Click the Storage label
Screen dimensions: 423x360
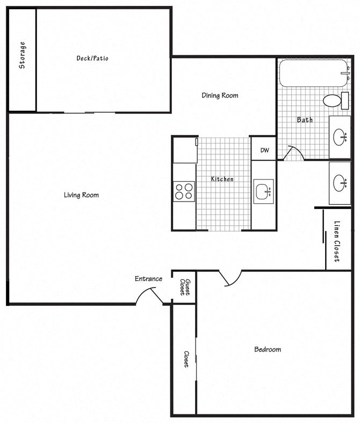(23, 55)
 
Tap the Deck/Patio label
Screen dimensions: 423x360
(92, 58)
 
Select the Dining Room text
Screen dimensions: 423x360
(220, 96)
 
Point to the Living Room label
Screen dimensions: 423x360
(81, 195)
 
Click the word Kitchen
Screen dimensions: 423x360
(222, 179)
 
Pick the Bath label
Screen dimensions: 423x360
(305, 120)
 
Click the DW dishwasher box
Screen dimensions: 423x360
(264, 150)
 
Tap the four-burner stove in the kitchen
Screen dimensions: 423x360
(184, 191)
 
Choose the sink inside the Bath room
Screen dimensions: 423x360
(340, 138)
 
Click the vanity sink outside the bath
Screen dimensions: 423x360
(340, 183)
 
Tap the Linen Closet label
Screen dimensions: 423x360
(337, 241)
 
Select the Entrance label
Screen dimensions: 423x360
(148, 278)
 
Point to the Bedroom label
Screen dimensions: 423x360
(268, 349)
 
